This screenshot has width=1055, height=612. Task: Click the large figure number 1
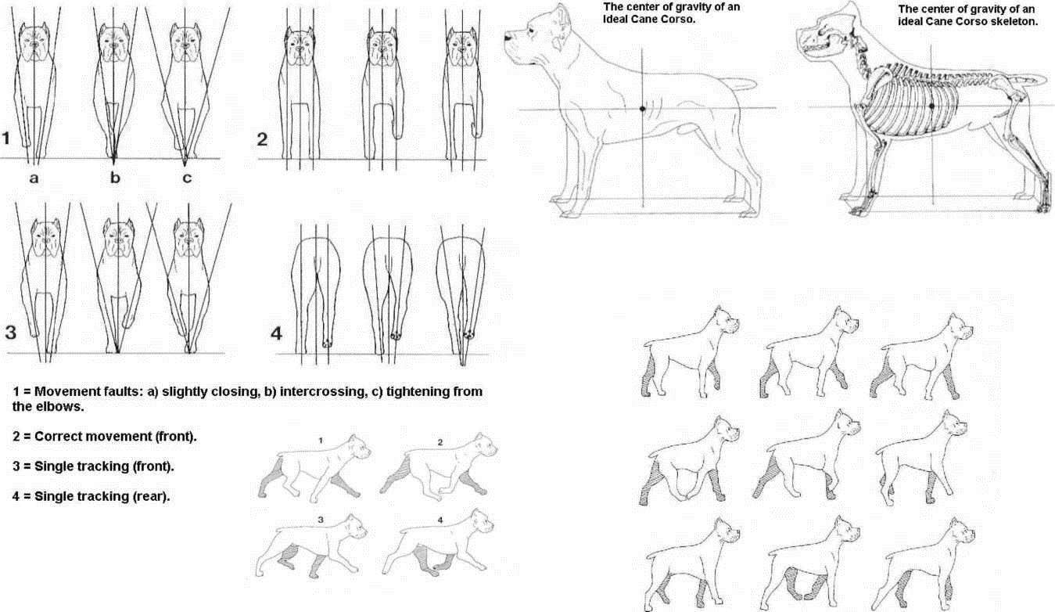pos(5,139)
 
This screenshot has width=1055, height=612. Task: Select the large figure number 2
pos(262,139)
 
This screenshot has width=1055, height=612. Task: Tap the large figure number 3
pos(10,333)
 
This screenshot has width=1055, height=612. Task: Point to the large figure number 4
pos(277,333)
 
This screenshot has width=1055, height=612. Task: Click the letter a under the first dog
pos(34,178)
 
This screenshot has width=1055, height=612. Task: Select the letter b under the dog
pos(115,177)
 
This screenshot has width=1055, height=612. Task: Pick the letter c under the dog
pos(187,178)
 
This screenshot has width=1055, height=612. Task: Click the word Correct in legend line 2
pos(57,436)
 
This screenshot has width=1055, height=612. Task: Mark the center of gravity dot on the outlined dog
pos(642,109)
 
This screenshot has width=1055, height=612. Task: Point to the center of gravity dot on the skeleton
pos(931,106)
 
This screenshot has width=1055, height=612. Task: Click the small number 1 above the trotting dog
pos(321,441)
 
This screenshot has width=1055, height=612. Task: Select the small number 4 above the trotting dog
pos(440,520)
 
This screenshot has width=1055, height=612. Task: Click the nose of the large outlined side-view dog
pos(508,36)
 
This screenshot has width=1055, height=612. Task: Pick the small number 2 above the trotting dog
pos(440,442)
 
